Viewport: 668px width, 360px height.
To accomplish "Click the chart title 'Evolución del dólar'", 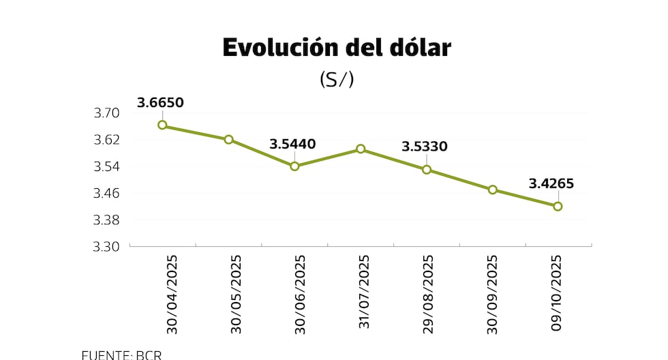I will (337, 48).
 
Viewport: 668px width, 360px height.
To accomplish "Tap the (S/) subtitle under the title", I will (337, 80).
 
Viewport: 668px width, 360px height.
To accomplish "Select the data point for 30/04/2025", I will (162, 125).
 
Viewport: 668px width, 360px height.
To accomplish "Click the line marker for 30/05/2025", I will (228, 139).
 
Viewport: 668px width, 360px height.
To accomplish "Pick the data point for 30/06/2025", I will (294, 166).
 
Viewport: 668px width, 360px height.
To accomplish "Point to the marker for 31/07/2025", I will (361, 149).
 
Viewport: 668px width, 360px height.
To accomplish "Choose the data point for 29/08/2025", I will (427, 169).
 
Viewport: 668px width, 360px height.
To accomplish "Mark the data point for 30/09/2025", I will (492, 190).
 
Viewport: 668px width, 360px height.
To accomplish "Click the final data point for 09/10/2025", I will (558, 206).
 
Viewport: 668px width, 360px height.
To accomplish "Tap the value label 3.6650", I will (160, 103).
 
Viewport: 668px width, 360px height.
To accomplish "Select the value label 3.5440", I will (292, 144).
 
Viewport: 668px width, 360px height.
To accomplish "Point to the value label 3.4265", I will (551, 183).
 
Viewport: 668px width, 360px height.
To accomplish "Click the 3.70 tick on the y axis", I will (106, 113).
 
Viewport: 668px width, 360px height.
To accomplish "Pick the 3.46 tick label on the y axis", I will (106, 193).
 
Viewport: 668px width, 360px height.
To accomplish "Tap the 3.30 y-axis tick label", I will (106, 247).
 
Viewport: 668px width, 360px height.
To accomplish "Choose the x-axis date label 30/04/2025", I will (171, 295).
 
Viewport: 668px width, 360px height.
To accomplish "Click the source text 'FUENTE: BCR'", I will (121, 355).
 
